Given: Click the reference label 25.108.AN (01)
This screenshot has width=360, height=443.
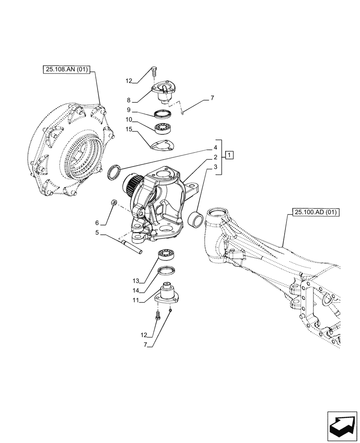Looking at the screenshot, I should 67,70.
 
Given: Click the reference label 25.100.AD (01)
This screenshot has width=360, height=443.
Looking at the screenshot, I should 315,213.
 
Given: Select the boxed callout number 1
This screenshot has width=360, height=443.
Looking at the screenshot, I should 229,155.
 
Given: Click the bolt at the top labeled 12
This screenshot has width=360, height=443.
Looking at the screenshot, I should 154,70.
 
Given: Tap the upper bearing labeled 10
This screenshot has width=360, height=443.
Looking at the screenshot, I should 164,128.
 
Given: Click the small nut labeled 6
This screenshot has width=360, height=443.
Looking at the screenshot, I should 113,203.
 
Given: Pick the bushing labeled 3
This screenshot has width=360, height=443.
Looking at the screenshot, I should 196,219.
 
